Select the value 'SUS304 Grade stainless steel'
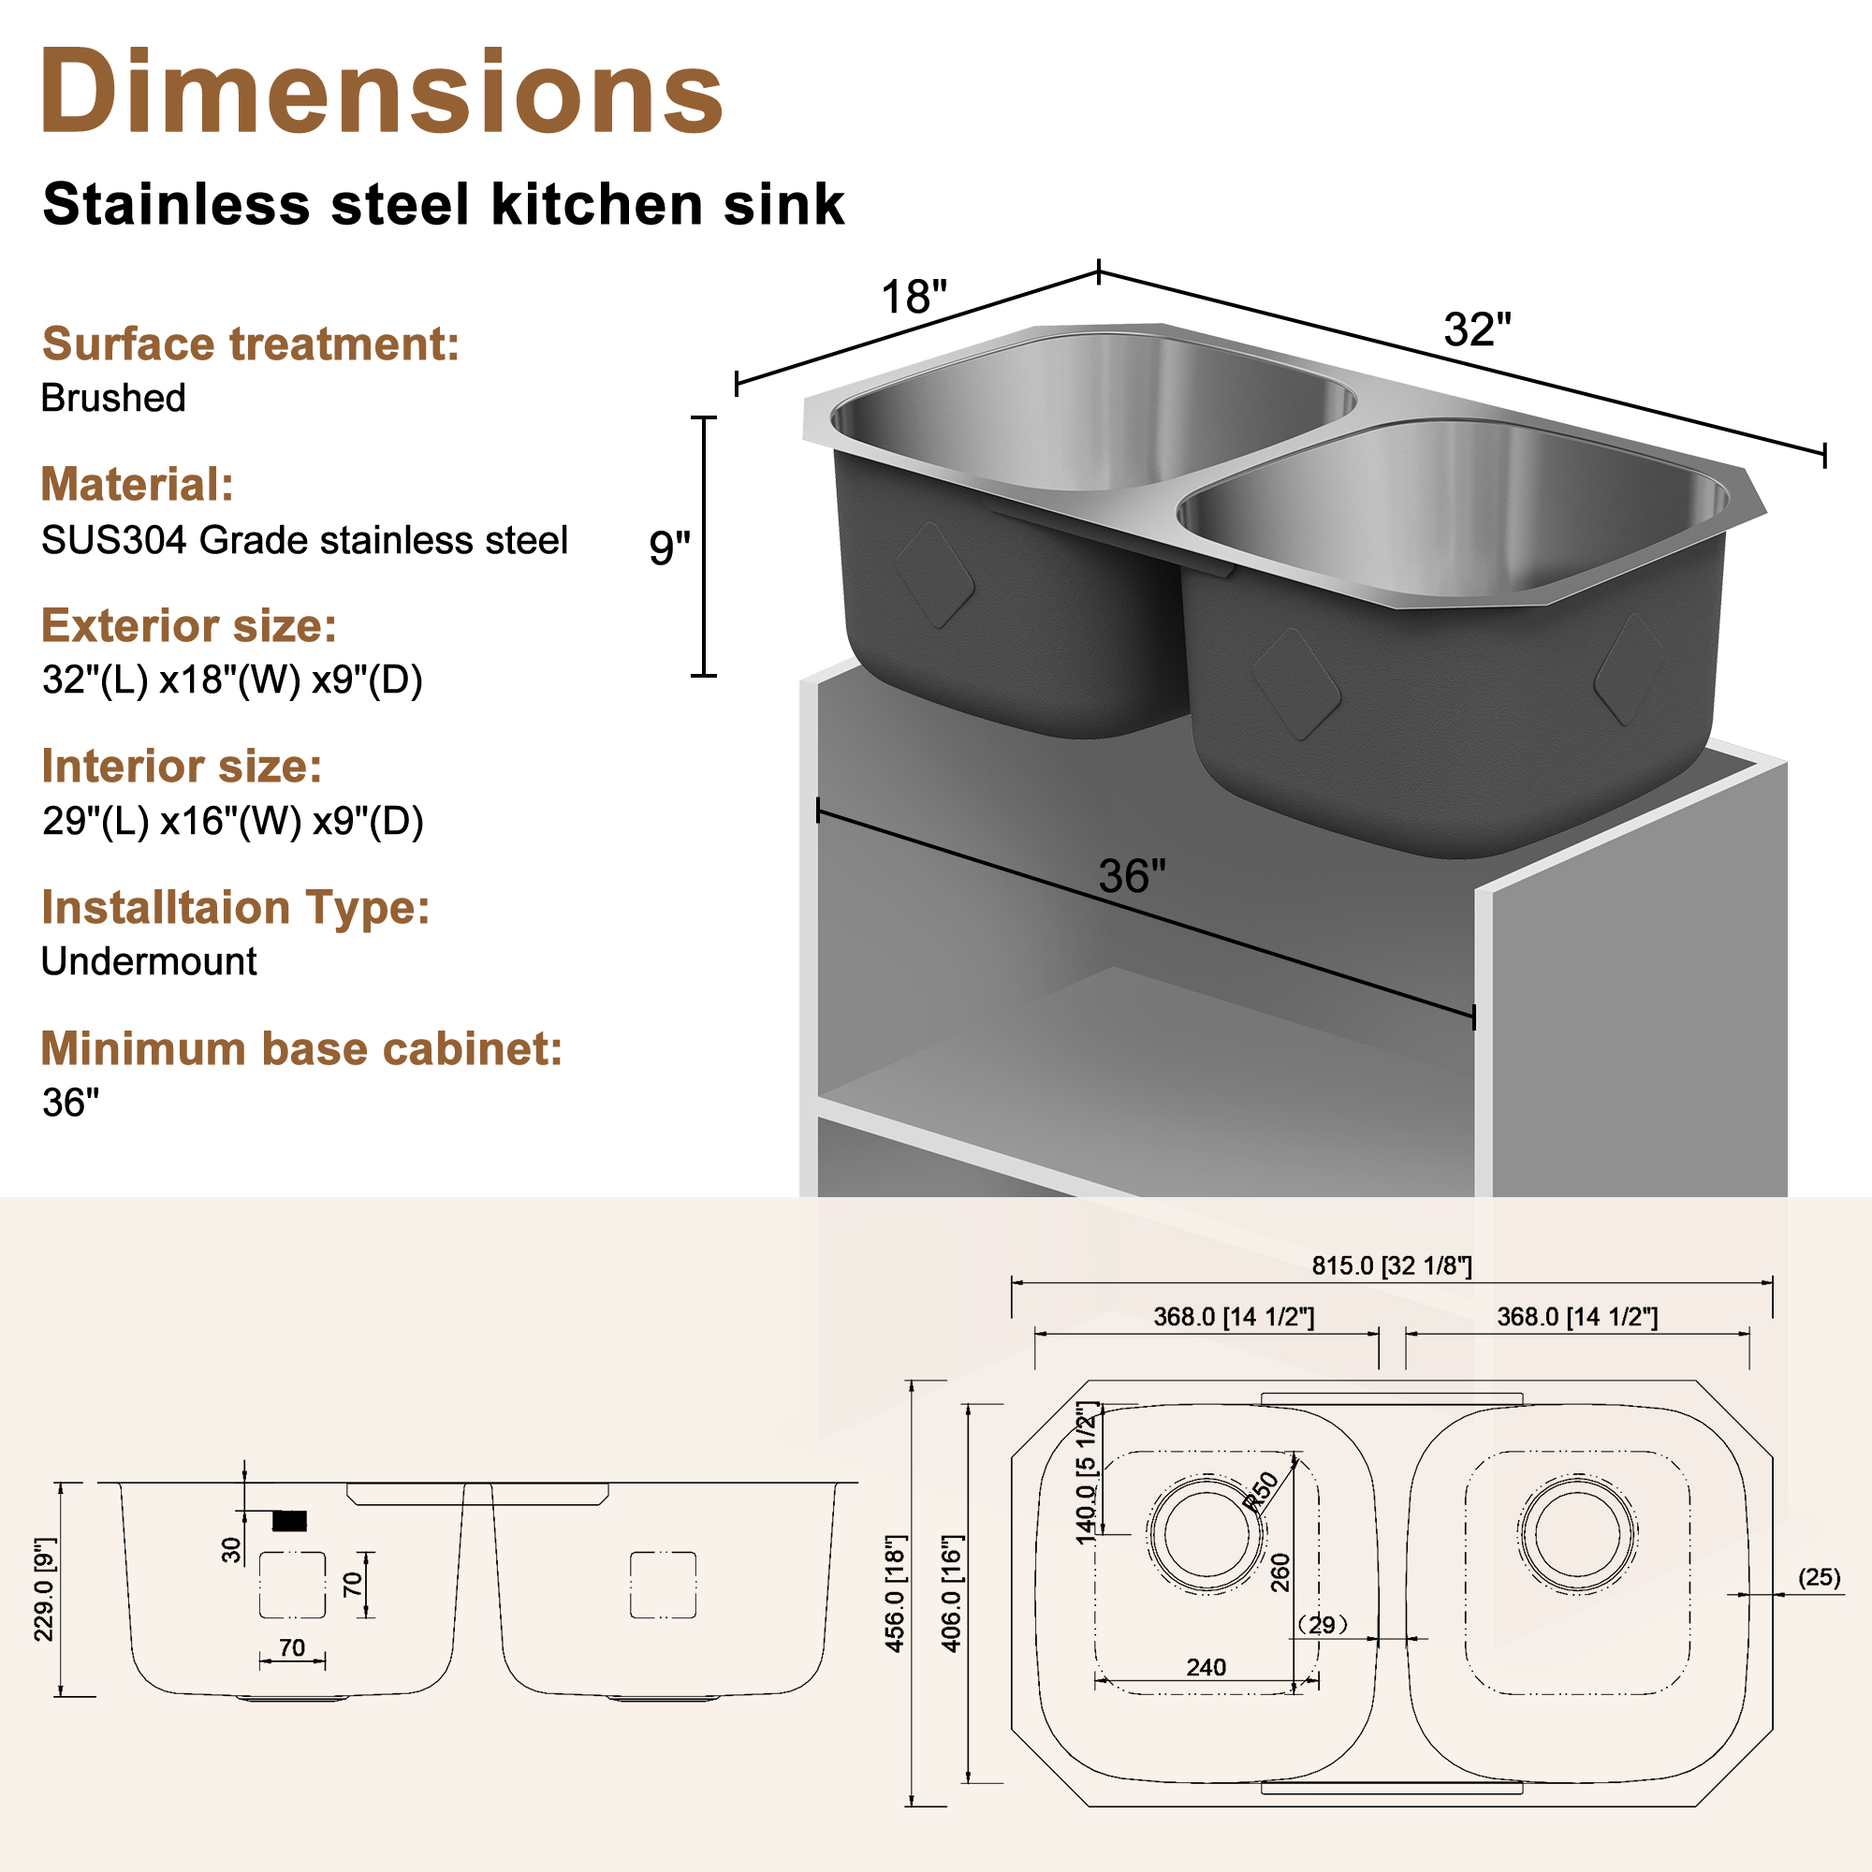click(304, 541)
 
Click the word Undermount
click(148, 961)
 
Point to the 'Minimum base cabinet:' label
click(301, 1048)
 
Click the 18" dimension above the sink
click(913, 297)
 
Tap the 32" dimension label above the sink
click(1477, 329)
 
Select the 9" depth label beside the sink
click(668, 548)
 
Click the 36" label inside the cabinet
click(1132, 876)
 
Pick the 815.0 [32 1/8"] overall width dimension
click(1392, 1265)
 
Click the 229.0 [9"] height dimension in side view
click(45, 1590)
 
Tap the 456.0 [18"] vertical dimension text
click(896, 1594)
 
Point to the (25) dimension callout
click(1819, 1577)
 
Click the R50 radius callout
click(1262, 1491)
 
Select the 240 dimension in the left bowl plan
click(1206, 1668)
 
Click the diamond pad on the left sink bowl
click(934, 575)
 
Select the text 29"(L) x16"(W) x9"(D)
click(232, 821)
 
